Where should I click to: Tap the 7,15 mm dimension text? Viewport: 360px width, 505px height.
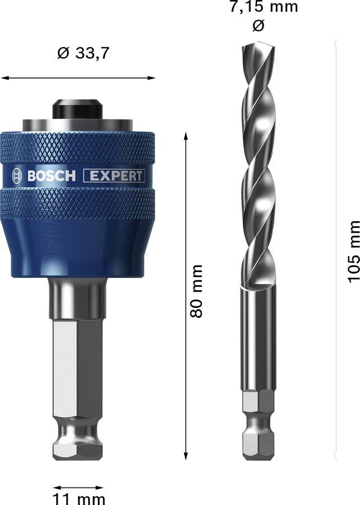coord(264,8)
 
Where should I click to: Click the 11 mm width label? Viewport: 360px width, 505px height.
coord(78,498)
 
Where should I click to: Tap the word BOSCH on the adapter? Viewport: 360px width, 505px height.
coord(51,176)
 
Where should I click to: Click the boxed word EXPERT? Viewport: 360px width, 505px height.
coord(114,176)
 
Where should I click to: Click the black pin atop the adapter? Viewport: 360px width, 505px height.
coord(78,109)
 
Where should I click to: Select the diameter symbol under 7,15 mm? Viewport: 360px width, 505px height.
coord(258,26)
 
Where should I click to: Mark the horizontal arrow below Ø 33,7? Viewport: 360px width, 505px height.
coord(78,78)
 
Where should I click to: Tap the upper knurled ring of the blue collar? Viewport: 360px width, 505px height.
coord(78,148)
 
